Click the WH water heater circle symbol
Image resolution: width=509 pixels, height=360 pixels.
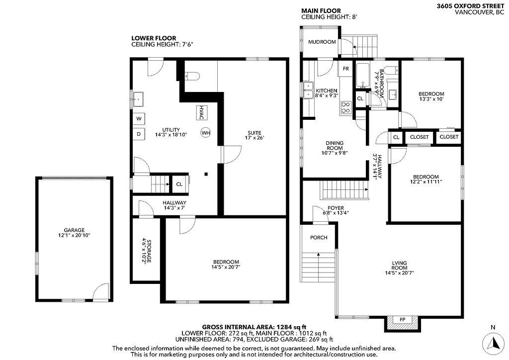[x=206, y=133]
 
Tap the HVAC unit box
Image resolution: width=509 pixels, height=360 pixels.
[x=201, y=112]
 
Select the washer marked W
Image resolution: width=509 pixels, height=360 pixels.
[x=139, y=119]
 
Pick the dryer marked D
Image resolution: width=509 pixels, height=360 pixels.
[x=139, y=134]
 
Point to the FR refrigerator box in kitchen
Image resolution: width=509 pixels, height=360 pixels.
[x=345, y=68]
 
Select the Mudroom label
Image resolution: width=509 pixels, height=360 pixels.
[x=322, y=42]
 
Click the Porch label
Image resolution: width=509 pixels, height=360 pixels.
[x=319, y=237]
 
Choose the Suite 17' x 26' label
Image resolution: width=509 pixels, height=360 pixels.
[x=254, y=135]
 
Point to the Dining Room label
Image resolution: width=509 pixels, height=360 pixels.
[x=335, y=148]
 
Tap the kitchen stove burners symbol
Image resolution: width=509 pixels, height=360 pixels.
[x=346, y=107]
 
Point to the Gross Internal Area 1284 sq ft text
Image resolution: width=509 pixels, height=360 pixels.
[x=254, y=327]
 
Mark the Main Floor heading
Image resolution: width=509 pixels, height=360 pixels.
[x=321, y=10]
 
